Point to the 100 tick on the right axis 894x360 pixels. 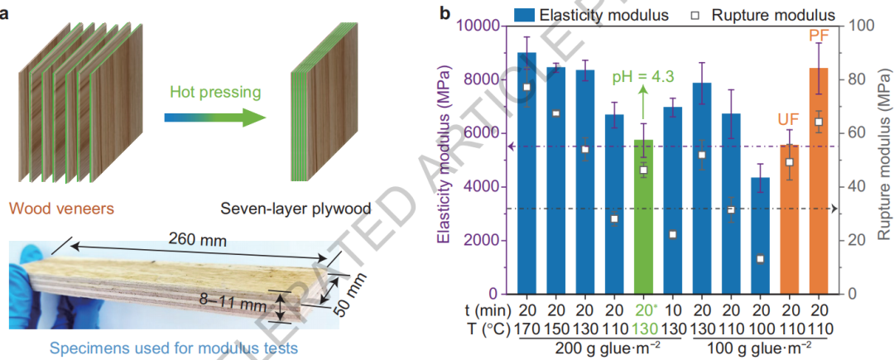click(x=858, y=26)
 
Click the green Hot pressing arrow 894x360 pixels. click(x=214, y=117)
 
